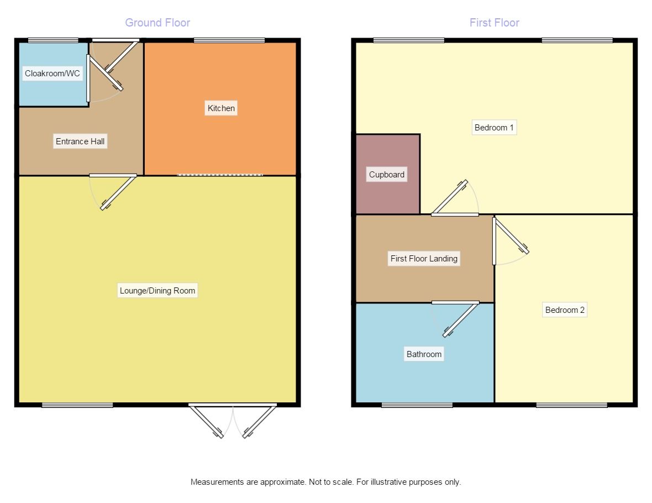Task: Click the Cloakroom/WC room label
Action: (x=52, y=74)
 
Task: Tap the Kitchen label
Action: (x=221, y=108)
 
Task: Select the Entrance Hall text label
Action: (x=80, y=142)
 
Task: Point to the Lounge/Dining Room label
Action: (x=157, y=291)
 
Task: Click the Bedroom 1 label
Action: (x=494, y=128)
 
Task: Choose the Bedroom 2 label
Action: (x=565, y=310)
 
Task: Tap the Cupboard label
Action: (x=387, y=175)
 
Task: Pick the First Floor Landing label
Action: (x=424, y=258)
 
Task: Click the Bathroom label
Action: (x=424, y=354)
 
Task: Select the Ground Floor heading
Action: (x=157, y=23)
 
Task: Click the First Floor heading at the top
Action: (x=494, y=23)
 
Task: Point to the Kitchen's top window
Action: (x=229, y=40)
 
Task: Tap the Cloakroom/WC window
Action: (x=53, y=40)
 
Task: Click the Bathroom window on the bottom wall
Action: (x=417, y=405)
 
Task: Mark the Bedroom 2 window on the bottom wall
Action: (x=571, y=405)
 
